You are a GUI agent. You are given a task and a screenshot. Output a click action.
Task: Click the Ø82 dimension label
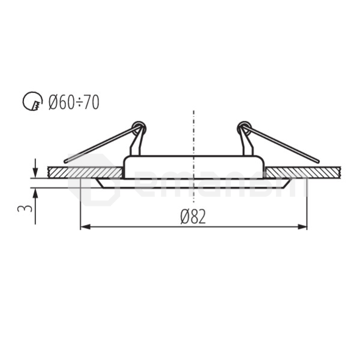(193, 217)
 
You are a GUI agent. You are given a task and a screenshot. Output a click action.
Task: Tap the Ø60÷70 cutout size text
(74, 103)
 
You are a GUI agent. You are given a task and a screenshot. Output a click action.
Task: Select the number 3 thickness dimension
(24, 209)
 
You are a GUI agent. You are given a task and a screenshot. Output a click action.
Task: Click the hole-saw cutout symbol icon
(33, 103)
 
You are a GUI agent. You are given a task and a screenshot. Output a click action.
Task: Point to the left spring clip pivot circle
(140, 127)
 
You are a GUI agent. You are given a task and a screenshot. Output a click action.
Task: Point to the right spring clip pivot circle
(243, 127)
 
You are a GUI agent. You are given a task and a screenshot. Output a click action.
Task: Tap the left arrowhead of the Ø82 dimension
(85, 227)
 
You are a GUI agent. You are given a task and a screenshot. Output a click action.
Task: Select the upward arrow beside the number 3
(35, 193)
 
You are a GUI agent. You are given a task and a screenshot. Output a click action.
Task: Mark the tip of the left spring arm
(65, 160)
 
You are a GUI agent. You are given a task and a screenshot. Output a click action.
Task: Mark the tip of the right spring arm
(318, 160)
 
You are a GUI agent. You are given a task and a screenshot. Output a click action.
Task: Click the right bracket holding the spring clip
(247, 144)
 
